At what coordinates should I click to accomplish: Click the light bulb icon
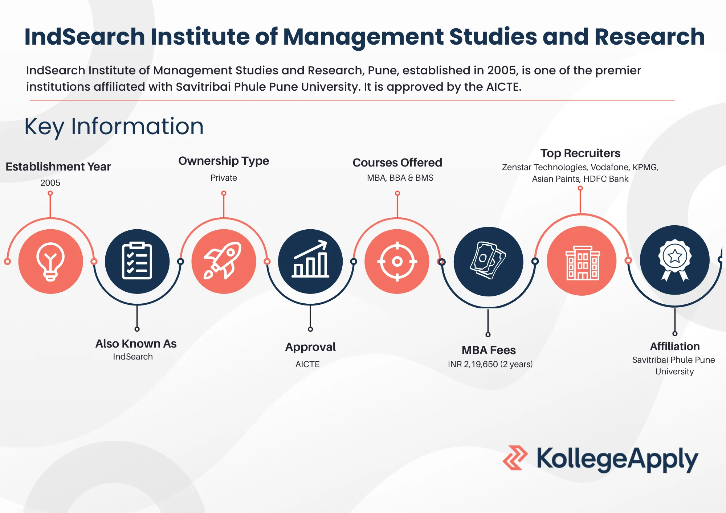pyautogui.click(x=50, y=262)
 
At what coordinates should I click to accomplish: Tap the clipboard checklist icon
pyautogui.click(x=137, y=260)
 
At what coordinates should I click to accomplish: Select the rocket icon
pyautogui.click(x=223, y=260)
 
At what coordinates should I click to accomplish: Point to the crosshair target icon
pyautogui.click(x=397, y=261)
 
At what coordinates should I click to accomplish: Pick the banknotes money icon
pyautogui.click(x=488, y=260)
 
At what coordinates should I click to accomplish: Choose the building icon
pyautogui.click(x=583, y=263)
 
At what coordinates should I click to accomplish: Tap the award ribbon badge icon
pyautogui.click(x=675, y=260)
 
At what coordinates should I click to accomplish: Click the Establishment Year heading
pyautogui.click(x=58, y=167)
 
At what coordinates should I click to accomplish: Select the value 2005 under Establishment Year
pyautogui.click(x=50, y=182)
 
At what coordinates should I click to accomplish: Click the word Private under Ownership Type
pyautogui.click(x=224, y=178)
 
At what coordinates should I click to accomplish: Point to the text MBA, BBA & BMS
pyautogui.click(x=400, y=178)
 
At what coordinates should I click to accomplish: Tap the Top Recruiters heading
pyautogui.click(x=580, y=153)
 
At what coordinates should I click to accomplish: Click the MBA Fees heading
pyautogui.click(x=489, y=350)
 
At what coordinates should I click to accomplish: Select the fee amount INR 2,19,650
pyautogui.click(x=473, y=364)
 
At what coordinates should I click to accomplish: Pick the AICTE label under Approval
pyautogui.click(x=307, y=364)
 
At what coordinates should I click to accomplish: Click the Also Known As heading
pyautogui.click(x=136, y=344)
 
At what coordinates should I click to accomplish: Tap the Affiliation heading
pyautogui.click(x=675, y=346)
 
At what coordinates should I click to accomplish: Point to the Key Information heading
pyautogui.click(x=114, y=127)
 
